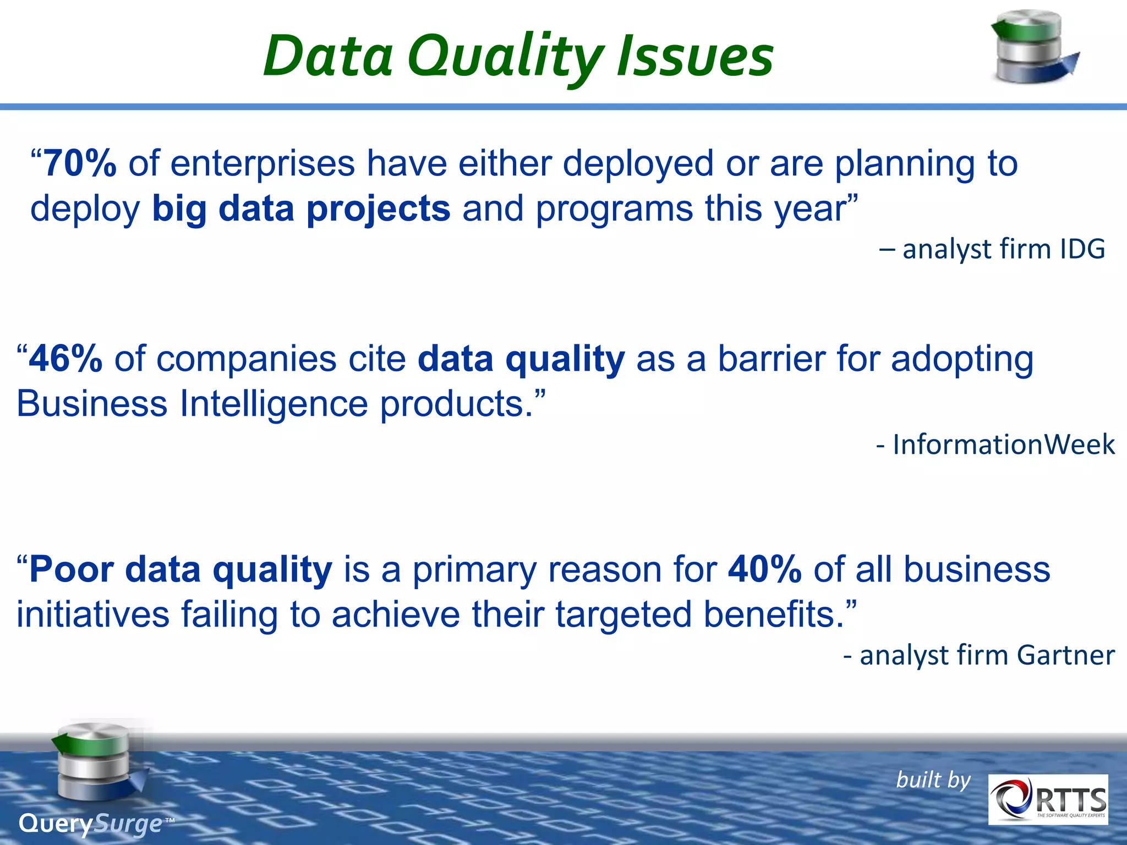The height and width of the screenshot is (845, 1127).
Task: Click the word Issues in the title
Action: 694,56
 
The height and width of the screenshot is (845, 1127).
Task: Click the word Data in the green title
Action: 328,56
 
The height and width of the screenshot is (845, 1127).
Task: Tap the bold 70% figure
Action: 80,163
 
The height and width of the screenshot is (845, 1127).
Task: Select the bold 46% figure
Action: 65,359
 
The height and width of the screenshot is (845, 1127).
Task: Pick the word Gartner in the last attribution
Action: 1065,655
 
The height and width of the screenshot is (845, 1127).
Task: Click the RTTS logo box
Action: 1048,799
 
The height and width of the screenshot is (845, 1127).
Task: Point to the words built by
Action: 933,780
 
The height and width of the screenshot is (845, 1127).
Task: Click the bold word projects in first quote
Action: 378,209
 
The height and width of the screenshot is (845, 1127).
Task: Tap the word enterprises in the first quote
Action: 262,164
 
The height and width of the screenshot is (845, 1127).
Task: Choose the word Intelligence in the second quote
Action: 273,404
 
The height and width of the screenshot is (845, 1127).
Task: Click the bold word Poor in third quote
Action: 71,569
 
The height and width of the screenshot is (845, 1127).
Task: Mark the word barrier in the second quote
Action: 772,359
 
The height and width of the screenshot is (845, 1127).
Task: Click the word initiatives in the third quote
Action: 93,614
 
